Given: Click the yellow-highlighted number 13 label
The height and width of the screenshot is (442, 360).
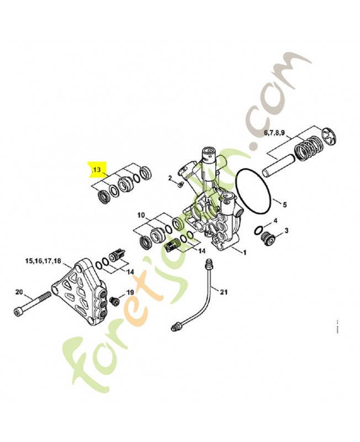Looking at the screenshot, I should click(97, 170).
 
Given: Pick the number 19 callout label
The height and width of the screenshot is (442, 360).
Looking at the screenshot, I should click(130, 292).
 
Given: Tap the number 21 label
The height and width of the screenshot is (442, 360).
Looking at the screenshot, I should click(223, 292).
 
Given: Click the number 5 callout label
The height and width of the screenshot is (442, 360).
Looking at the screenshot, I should click(284, 205).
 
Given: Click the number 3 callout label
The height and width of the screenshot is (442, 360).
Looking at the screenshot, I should click(285, 230).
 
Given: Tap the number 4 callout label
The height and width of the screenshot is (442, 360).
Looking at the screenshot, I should click(275, 220).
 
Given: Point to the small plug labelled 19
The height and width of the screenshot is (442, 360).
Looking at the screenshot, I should click(115, 301).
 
